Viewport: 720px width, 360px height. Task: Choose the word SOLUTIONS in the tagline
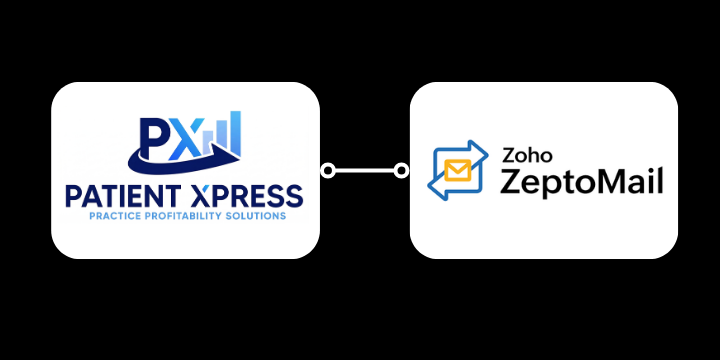click(258, 215)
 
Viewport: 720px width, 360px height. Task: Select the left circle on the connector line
click(327, 171)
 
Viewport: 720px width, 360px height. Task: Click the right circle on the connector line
click(402, 171)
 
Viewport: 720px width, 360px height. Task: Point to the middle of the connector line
click(365, 171)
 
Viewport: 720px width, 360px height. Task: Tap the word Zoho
click(522, 156)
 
